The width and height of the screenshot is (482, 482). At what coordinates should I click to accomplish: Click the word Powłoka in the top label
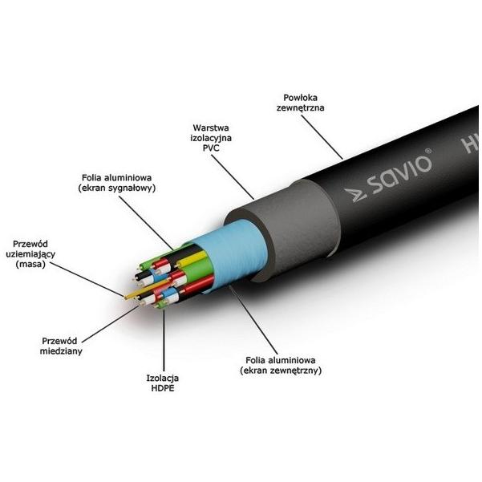(x=300, y=98)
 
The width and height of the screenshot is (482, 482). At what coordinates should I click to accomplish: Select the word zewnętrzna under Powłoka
(x=300, y=108)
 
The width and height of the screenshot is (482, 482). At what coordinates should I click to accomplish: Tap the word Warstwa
(x=211, y=128)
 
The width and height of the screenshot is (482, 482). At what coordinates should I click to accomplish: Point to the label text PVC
(x=211, y=148)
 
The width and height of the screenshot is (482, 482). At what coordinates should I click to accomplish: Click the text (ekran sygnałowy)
(x=117, y=188)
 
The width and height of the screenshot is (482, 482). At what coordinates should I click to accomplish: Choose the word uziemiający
(x=30, y=254)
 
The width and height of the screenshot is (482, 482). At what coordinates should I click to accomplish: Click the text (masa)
(x=30, y=264)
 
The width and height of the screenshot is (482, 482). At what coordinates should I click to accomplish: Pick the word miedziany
(x=61, y=351)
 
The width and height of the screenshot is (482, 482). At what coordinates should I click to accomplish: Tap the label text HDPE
(x=163, y=388)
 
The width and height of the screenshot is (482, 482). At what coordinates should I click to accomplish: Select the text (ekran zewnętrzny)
(x=281, y=370)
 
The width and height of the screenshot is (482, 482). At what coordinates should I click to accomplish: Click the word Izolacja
(x=163, y=378)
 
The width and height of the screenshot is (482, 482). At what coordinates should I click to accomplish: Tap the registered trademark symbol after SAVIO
(x=427, y=152)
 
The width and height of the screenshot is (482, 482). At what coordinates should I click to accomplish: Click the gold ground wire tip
(x=127, y=298)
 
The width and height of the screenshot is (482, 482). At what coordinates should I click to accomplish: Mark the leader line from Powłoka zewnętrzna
(x=322, y=137)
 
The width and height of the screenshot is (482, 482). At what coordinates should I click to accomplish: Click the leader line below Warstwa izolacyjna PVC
(x=233, y=177)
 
